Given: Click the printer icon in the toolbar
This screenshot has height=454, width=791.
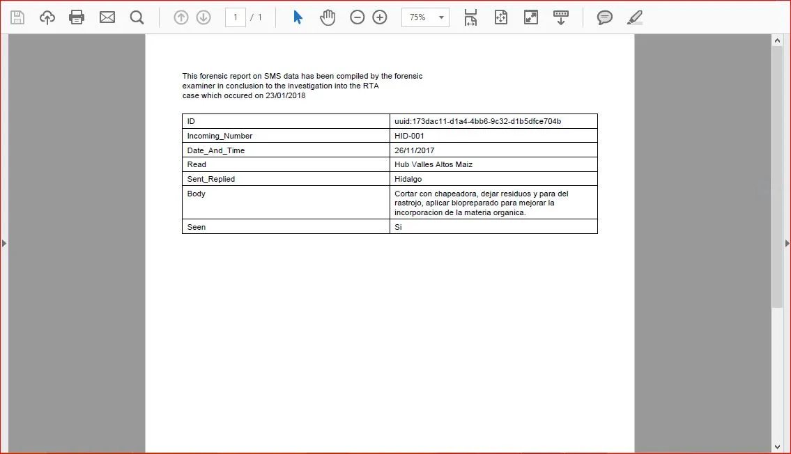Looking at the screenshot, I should (x=77, y=17).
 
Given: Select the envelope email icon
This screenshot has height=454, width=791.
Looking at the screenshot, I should (x=107, y=17).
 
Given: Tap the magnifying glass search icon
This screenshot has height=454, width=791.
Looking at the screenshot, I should (x=137, y=17).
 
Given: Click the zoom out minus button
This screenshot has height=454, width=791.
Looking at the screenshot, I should (x=358, y=17).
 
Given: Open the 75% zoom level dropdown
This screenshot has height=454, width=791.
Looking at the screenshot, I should (x=425, y=17).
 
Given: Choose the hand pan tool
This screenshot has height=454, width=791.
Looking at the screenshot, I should (x=328, y=17).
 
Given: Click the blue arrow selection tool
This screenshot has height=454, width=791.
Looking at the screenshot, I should (x=298, y=17).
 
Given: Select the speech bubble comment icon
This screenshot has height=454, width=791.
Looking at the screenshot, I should (x=604, y=17).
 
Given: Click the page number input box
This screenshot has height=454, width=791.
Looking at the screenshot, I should (x=236, y=17).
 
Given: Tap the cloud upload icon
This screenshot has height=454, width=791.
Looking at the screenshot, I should (x=47, y=17).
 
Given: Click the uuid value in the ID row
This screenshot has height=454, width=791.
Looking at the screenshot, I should (x=477, y=121).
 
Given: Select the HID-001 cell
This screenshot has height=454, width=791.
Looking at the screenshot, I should (x=409, y=136).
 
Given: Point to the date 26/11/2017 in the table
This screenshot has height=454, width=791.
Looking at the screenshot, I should (x=414, y=150).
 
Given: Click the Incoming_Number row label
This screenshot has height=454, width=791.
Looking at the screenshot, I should (x=220, y=136).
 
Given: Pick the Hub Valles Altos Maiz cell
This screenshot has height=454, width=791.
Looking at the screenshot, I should (x=433, y=164).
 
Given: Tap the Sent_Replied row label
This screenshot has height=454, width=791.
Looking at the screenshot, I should (x=211, y=179).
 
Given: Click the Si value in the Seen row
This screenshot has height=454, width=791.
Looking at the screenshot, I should (x=398, y=227).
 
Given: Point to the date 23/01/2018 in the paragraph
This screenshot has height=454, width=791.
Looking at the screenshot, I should (x=285, y=96).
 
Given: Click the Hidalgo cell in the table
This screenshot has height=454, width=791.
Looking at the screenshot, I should (x=408, y=179).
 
